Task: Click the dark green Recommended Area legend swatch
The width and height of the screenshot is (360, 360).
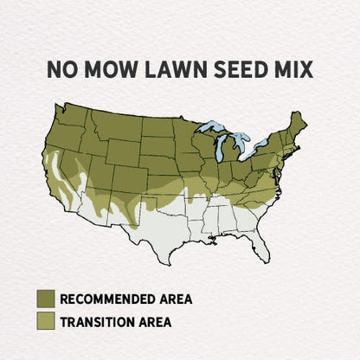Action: [46, 299]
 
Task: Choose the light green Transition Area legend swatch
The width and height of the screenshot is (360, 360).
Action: [46, 322]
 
